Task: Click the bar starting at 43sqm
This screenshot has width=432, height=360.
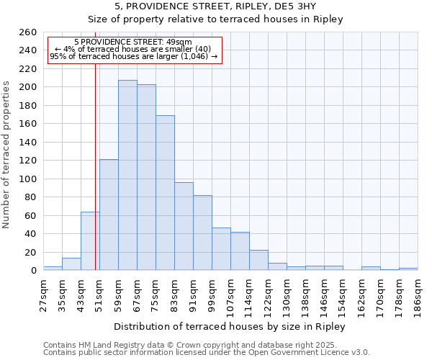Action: coord(90,241)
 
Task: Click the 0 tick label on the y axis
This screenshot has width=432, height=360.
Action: coord(33,271)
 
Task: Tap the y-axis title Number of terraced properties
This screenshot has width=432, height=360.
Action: coord(6,154)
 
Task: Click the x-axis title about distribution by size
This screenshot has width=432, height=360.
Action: coord(230,327)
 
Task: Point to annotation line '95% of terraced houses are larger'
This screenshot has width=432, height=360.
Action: coord(133,57)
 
